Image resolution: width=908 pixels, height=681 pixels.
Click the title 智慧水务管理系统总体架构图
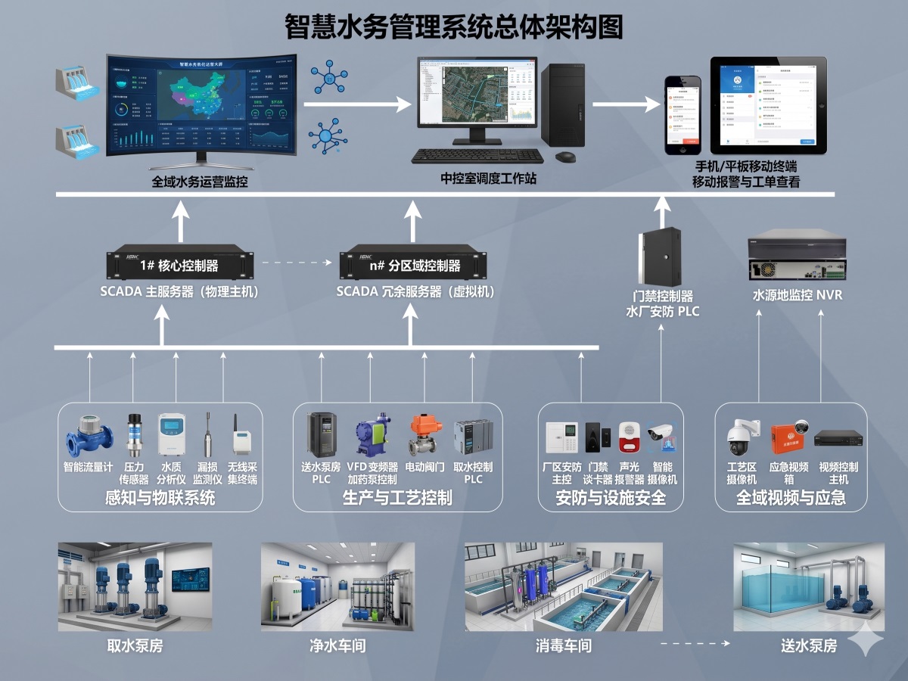tap(454, 27)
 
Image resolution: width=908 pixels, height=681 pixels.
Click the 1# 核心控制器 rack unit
tap(179, 265)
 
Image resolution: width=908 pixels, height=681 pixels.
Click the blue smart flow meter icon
tap(89, 435)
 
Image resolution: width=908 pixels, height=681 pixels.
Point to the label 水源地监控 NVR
tap(797, 295)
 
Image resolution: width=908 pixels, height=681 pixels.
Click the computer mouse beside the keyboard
tap(564, 157)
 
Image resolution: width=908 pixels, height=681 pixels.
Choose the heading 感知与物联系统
tap(160, 497)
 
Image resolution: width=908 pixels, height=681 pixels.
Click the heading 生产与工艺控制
tap(397, 497)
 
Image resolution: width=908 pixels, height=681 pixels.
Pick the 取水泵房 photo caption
tap(135, 646)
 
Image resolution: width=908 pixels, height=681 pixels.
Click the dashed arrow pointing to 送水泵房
tap(694, 644)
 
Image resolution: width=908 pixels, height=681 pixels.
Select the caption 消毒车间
tap(564, 646)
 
